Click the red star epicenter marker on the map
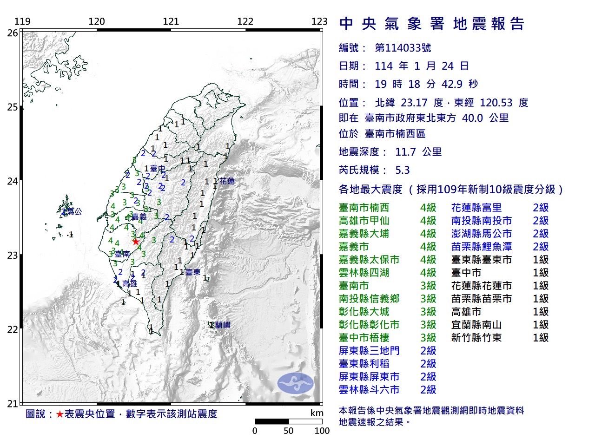pos(135,241)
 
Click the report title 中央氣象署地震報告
pos(432,24)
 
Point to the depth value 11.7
pos(406,152)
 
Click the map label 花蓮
pos(227,181)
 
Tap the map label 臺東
pos(192,272)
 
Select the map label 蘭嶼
pos(222,325)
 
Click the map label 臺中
pos(158,168)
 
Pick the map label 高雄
pos(130,283)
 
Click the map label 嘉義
pos(139,217)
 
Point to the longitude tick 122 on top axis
pos(245,21)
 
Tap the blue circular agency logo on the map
pos(296,383)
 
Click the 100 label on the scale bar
pos(322,431)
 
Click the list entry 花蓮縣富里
pos(476,208)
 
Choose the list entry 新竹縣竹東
pos(476,338)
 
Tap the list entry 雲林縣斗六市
pos(369,390)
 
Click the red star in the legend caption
pos(59,414)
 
